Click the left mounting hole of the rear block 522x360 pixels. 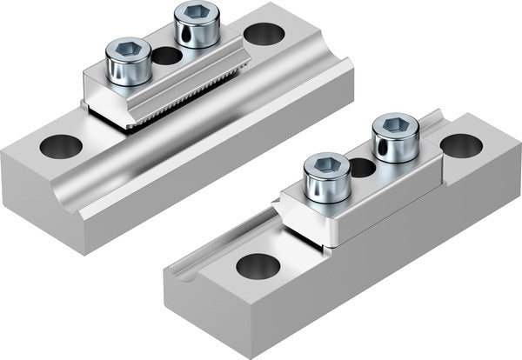pos(61,146)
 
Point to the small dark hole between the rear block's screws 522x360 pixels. pos(165,57)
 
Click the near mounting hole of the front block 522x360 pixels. pos(258,265)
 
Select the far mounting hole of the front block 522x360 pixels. pos(461,145)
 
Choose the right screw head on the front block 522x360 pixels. pos(395,137)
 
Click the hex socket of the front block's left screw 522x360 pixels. pos(327,163)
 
